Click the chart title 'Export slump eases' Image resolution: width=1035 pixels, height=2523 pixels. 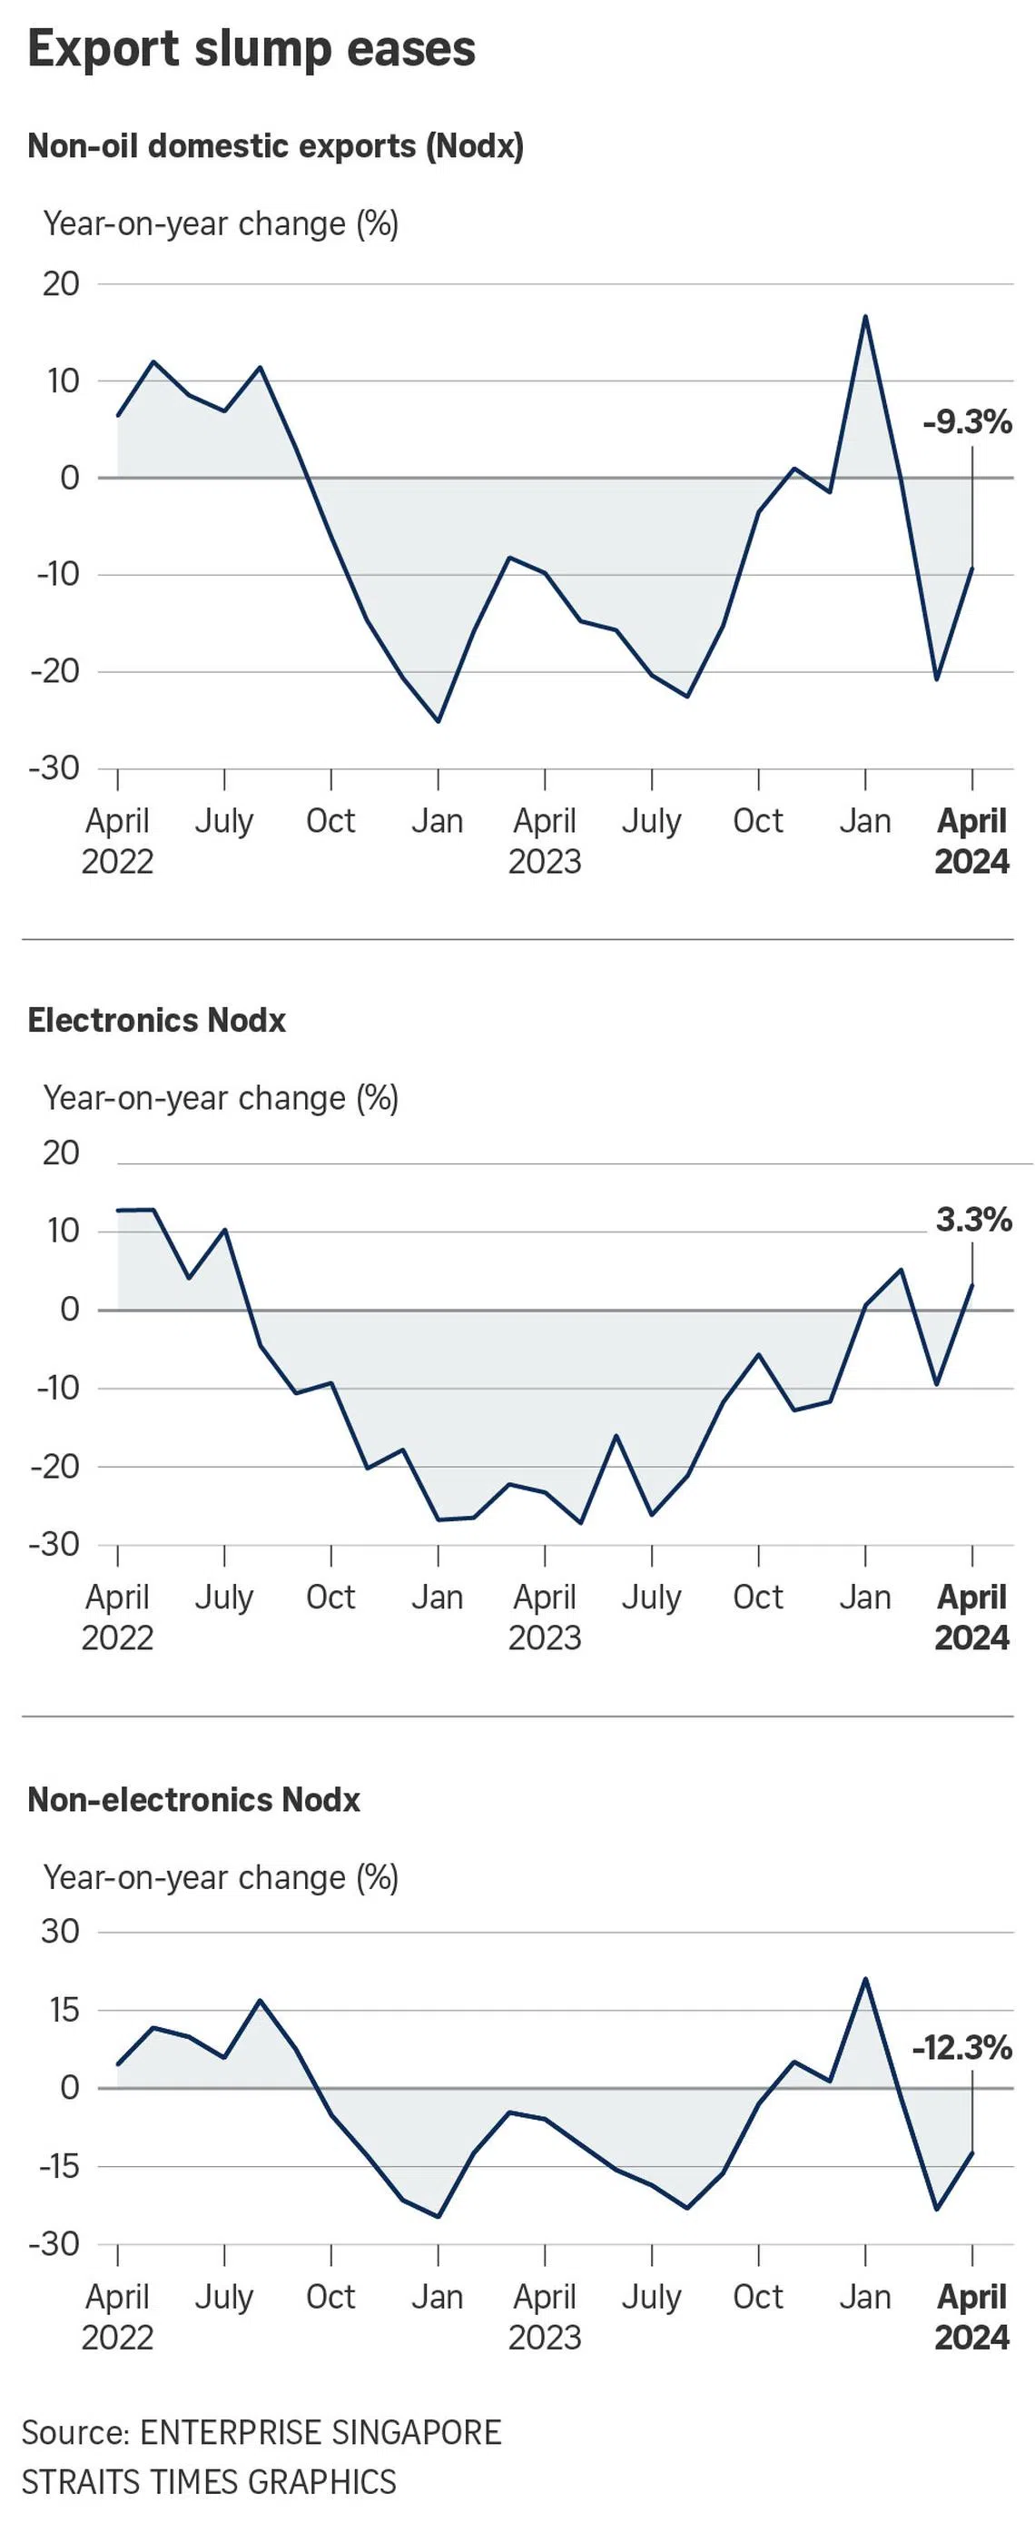[x=251, y=49]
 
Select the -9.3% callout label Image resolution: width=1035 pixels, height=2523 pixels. [x=967, y=423]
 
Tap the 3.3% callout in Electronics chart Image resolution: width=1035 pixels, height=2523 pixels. [x=973, y=1220]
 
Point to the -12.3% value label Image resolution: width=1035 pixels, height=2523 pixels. [x=961, y=2047]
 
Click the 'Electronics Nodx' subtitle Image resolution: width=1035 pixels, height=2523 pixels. [x=157, y=1021]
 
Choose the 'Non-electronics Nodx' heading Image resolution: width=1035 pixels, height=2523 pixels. [x=194, y=1799]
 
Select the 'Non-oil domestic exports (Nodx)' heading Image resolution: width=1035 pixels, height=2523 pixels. [x=275, y=146]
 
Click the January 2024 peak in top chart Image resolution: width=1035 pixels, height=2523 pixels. [x=865, y=316]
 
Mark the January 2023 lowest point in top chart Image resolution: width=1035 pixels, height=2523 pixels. [x=438, y=721]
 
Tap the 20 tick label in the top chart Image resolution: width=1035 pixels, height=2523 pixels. [x=61, y=284]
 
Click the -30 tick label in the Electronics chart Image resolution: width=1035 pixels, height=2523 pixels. [x=54, y=1544]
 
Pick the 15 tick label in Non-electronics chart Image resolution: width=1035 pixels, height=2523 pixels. [x=60, y=2010]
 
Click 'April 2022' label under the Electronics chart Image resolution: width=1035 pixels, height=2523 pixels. [x=117, y=1617]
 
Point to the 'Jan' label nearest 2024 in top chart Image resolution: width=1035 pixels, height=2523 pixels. [x=865, y=821]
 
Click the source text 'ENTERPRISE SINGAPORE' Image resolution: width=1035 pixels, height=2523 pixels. [x=320, y=2432]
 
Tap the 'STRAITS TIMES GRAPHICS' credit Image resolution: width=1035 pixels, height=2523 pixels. [x=209, y=2482]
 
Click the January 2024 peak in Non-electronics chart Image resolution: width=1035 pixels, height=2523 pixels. [x=865, y=1979]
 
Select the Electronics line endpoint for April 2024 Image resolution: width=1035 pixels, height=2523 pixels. [x=972, y=1284]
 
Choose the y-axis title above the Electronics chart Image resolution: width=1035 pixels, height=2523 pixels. [x=221, y=1099]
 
